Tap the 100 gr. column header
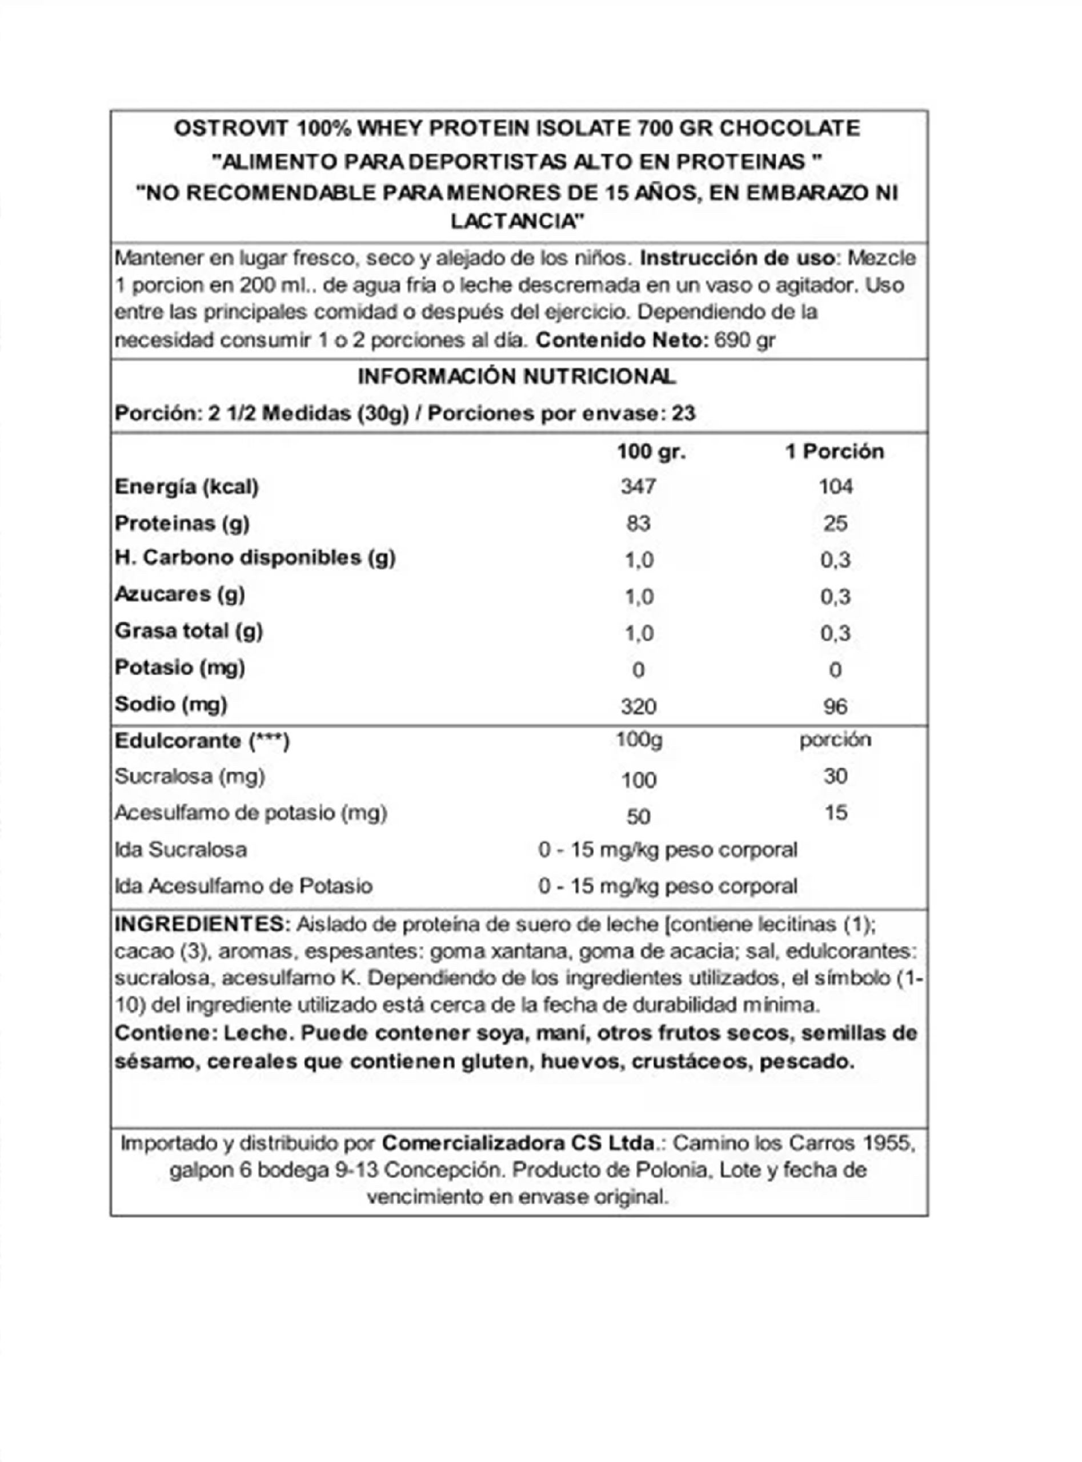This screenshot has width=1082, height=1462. (651, 452)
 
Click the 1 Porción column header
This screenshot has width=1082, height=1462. (835, 452)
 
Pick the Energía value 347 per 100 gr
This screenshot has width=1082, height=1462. (639, 487)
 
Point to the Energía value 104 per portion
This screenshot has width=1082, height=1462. (835, 487)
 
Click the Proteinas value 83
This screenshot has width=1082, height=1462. (639, 523)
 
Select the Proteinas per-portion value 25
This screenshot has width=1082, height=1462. (835, 523)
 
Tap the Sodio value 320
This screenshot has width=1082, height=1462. (639, 706)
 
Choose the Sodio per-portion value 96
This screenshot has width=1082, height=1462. (835, 706)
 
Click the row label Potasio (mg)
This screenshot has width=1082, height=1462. (179, 668)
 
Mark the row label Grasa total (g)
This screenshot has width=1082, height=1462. (189, 631)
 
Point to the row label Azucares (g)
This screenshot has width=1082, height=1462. (179, 595)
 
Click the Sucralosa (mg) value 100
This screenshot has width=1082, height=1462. (639, 780)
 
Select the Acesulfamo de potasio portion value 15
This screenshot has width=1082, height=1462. (836, 813)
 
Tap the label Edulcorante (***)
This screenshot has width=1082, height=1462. (202, 741)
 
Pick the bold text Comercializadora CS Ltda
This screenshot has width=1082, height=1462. (519, 1143)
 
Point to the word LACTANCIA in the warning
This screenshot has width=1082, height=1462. (517, 221)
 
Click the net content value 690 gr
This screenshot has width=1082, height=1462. (745, 340)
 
